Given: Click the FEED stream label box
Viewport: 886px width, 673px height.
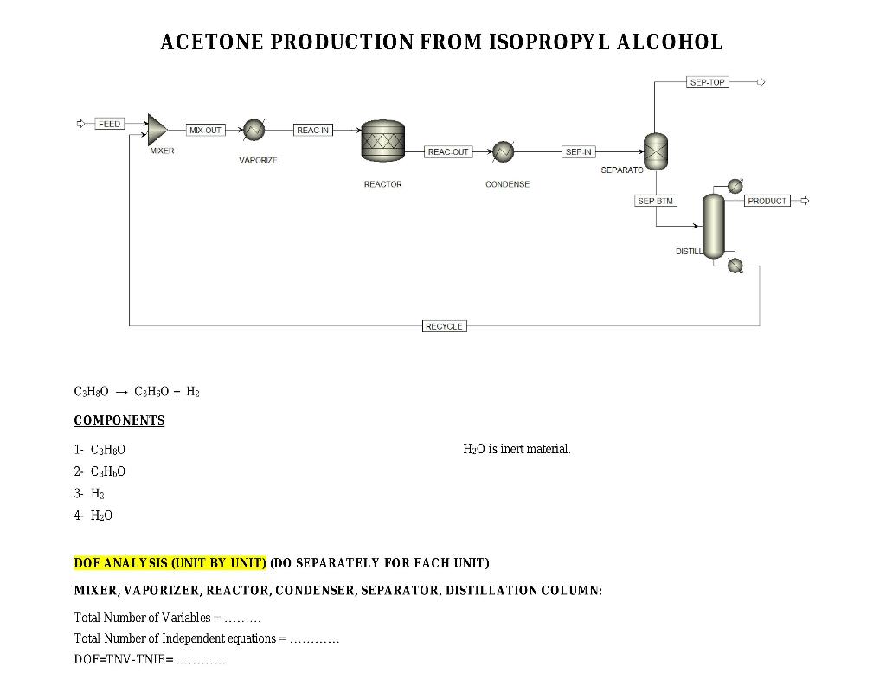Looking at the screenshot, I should [109, 124].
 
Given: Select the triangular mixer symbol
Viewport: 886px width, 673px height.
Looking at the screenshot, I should [157, 130].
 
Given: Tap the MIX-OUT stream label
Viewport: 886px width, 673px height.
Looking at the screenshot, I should [205, 130].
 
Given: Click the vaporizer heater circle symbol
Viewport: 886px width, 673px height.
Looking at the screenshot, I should [254, 130].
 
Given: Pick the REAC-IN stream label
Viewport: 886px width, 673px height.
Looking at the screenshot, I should [312, 130].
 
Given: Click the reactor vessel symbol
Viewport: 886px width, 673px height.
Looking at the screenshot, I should [382, 140].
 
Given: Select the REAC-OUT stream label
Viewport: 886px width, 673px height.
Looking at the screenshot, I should [448, 151].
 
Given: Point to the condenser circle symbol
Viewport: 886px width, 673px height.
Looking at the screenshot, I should [503, 152].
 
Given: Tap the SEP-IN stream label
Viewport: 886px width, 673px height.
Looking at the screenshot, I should [578, 151].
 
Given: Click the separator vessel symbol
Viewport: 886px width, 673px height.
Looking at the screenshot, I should [656, 152].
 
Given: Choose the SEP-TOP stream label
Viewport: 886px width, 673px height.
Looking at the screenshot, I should [707, 82].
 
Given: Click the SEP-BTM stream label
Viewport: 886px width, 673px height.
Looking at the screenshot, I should [655, 201].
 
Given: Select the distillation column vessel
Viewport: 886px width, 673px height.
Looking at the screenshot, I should [713, 226].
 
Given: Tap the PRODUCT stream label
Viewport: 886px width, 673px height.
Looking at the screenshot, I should [767, 201].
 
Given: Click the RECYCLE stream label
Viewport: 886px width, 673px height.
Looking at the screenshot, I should [444, 326].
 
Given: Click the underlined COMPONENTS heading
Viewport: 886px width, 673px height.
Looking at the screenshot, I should [119, 420].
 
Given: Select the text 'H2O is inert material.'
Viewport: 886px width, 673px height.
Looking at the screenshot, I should [517, 449].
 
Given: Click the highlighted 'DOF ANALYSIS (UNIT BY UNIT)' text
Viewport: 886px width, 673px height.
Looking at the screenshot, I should [170, 563].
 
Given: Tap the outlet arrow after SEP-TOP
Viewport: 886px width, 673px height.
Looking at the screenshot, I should [761, 82].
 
